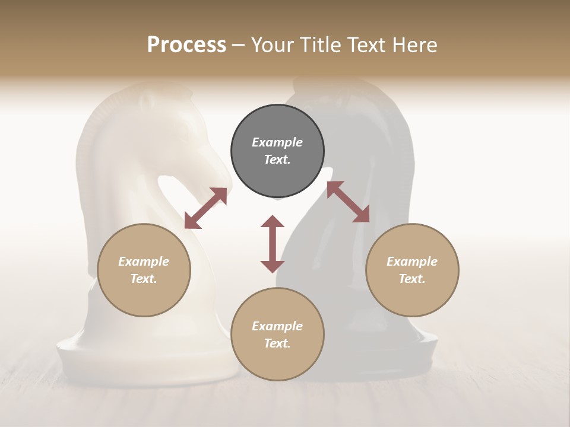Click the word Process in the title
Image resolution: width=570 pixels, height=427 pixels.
[186, 45]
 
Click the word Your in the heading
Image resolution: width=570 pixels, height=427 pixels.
[273, 45]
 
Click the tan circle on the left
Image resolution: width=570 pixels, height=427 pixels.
[144, 297]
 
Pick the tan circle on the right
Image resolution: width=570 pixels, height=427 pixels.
[412, 297]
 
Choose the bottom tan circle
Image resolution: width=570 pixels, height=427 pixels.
[277, 362]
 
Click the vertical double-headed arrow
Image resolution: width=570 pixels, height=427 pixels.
[273, 244]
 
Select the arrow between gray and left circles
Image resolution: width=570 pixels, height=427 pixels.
[205, 208]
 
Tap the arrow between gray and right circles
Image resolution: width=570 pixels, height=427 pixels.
[349, 202]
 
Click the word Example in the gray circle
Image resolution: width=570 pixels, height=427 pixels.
[277, 142]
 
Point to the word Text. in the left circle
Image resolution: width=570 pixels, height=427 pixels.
[144, 279]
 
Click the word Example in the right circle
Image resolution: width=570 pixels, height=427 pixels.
[412, 262]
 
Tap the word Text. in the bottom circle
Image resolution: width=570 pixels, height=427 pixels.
[277, 343]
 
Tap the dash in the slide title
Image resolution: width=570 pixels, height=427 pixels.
[238, 46]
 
